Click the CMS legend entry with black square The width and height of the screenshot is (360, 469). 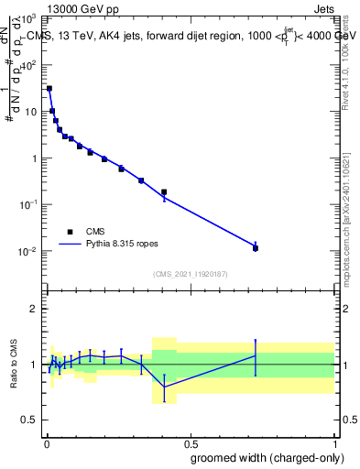click(70, 232)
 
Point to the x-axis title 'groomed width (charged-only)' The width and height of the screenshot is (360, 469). click(262, 456)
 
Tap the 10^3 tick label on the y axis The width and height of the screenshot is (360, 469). click(28, 18)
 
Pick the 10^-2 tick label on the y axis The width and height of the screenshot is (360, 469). click(28, 251)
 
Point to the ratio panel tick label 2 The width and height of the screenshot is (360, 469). click(34, 309)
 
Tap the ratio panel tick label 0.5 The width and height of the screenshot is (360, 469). click(30, 420)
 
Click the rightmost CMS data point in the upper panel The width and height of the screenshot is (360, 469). click(256, 248)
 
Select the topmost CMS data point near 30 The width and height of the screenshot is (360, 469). click(49, 89)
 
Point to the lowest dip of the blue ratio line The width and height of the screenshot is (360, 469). click(164, 387)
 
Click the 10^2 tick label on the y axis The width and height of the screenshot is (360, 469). click(28, 65)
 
